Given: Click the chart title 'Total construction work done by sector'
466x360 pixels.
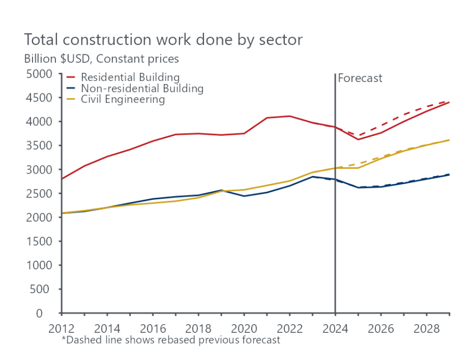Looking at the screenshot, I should point(163,40).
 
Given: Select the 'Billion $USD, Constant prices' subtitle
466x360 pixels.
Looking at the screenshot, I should point(101,58).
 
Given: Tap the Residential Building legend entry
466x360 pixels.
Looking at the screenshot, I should point(130,78).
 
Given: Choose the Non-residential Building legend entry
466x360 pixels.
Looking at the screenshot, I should point(142,89).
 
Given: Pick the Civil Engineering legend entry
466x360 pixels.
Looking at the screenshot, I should point(123,99).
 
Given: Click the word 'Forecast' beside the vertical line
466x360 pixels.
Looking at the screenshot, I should point(360,78).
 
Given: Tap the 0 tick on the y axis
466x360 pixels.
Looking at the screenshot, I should point(53,313).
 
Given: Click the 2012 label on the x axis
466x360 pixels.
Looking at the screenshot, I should point(62,329).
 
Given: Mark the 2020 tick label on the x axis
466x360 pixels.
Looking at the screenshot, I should point(244,329).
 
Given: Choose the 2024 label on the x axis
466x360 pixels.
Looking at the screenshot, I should point(335,329).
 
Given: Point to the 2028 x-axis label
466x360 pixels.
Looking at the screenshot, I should point(426,329).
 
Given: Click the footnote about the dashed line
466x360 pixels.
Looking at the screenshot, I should point(171,340).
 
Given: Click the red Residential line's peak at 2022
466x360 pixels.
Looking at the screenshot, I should point(290,116).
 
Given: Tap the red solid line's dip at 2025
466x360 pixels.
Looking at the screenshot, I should point(358,140).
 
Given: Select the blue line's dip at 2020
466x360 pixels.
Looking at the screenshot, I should point(244,196).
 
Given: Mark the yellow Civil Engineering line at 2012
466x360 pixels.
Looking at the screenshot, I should point(62,213).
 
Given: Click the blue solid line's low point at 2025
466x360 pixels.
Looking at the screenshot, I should point(358,187).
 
